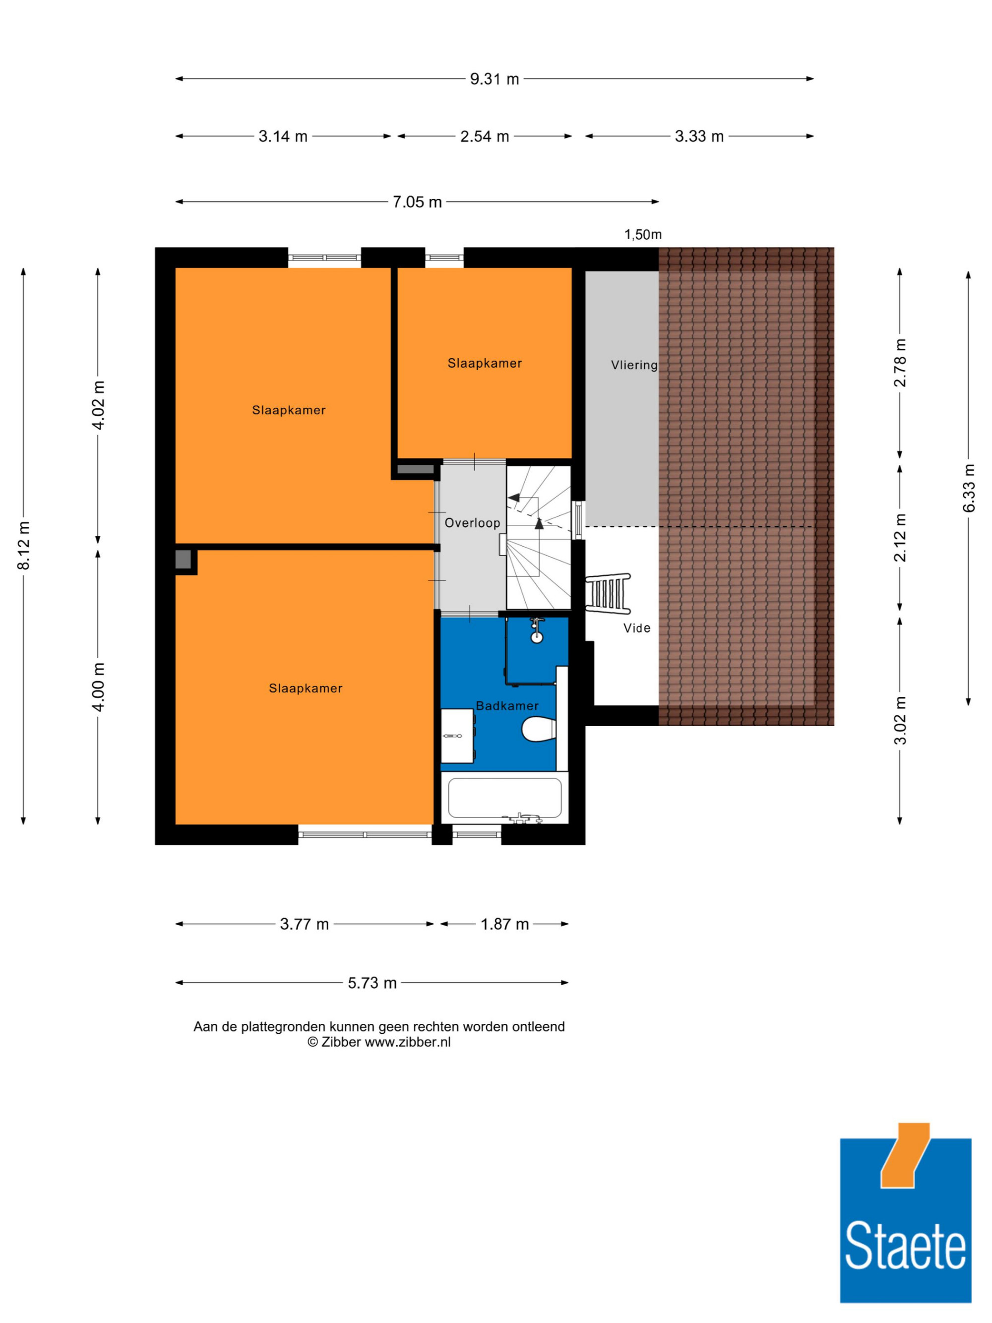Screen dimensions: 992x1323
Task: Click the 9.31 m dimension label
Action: [x=494, y=79]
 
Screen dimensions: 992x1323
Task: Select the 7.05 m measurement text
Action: [x=417, y=202]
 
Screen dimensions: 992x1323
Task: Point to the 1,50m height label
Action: [x=643, y=235]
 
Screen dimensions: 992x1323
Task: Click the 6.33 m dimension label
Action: [x=968, y=488]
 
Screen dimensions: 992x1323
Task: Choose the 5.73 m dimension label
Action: [x=372, y=983]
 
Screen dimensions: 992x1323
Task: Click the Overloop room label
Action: [x=472, y=523]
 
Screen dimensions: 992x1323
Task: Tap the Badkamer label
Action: [x=507, y=706]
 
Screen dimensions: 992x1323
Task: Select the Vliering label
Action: [x=634, y=365]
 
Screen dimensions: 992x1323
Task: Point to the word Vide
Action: [x=637, y=628]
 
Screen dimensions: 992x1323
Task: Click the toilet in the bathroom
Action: [x=539, y=730]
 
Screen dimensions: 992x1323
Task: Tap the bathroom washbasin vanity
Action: [x=457, y=736]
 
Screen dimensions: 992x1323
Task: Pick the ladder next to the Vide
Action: [x=608, y=593]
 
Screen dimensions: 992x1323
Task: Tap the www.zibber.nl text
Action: [x=408, y=1042]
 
